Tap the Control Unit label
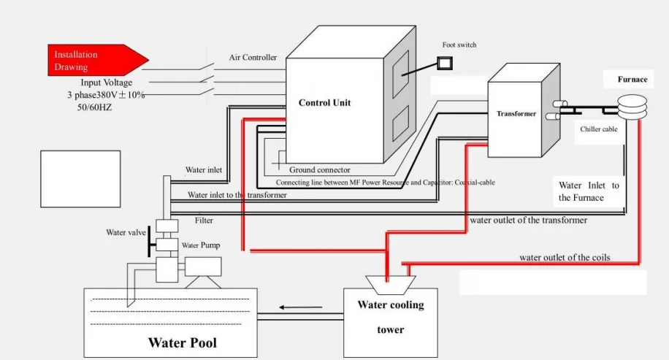tap(324, 103)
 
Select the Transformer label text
tap(516, 114)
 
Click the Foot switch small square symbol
tap(444, 63)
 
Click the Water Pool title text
tap(182, 342)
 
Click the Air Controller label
tap(253, 58)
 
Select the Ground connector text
tap(319, 170)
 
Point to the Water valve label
tap(126, 233)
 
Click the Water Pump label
tap(201, 245)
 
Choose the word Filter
tap(204, 220)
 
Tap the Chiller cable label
tap(599, 129)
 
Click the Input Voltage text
tap(107, 83)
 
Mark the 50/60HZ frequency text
tap(94, 107)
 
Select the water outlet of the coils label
tap(565, 258)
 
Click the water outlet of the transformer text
tap(528, 220)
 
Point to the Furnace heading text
tap(632, 80)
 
